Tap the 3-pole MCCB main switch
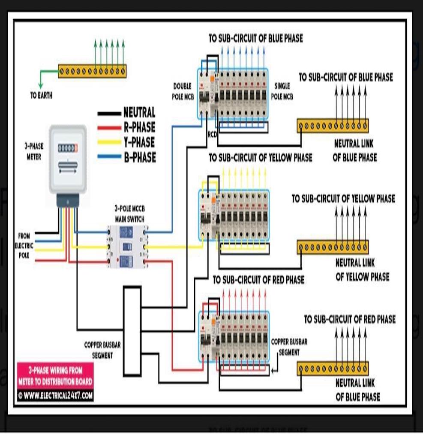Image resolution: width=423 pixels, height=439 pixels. coord(126,246)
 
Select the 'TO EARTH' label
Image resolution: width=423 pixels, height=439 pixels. coord(42,96)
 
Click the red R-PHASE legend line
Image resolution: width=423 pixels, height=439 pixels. coord(110,128)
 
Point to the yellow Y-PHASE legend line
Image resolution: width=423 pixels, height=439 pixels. coord(110,142)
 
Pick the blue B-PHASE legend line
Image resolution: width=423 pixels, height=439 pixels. coord(110,157)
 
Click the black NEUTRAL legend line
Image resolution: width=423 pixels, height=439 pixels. coord(110,114)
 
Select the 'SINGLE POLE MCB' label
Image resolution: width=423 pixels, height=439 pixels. coord(282,92)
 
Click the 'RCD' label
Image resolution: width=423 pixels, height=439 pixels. coord(212,135)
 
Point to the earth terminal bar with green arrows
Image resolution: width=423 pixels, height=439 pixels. coord(92,71)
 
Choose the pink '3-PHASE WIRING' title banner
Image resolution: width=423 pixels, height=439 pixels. coord(55,376)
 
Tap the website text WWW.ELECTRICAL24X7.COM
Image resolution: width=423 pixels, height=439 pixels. coord(55,395)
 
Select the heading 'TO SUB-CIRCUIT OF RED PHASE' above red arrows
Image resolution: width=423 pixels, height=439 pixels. coord(258,280)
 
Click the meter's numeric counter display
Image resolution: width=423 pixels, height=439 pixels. coord(68,148)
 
